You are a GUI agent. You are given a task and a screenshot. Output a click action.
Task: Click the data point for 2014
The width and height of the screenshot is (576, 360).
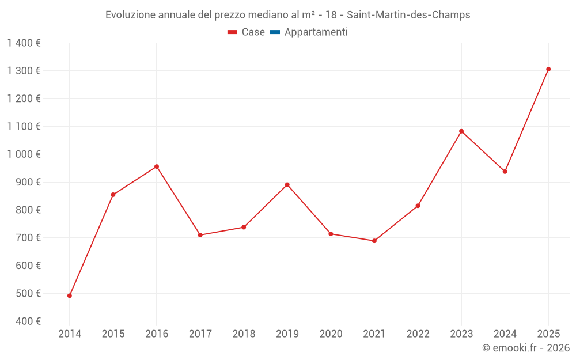point(70,295)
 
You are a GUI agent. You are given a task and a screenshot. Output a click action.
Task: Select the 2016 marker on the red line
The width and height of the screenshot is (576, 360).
point(157,166)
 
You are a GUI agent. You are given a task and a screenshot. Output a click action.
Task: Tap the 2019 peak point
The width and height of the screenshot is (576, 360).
point(287,184)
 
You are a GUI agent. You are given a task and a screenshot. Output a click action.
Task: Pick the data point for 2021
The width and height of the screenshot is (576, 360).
point(374,241)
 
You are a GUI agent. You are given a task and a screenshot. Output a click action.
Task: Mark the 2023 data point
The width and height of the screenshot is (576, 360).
point(461,131)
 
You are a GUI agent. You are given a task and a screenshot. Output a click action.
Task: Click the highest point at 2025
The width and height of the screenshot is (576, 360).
point(548,69)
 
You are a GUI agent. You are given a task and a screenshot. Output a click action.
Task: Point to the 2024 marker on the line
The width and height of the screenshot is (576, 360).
point(505,172)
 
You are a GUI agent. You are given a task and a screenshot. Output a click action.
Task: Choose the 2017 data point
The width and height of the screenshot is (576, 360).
point(200,235)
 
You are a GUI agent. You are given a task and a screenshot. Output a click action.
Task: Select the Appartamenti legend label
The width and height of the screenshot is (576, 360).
point(316,32)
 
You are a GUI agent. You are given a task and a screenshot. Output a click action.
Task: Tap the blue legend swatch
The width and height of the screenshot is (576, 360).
point(275,32)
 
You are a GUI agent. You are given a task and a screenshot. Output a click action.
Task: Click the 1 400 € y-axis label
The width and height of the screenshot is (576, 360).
point(24,43)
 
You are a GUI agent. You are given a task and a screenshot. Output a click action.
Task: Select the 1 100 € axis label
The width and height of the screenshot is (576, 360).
point(24,126)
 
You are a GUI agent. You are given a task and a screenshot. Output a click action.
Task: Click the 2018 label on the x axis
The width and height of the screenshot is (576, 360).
point(244,334)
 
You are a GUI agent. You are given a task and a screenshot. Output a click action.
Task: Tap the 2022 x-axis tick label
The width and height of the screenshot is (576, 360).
point(418,334)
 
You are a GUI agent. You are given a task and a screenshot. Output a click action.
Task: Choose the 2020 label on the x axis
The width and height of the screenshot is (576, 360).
point(331,334)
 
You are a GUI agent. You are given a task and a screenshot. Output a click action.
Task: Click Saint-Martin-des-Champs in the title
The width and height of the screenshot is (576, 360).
point(408,15)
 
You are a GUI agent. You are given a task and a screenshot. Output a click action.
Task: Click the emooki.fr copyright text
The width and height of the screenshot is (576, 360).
point(525,348)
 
